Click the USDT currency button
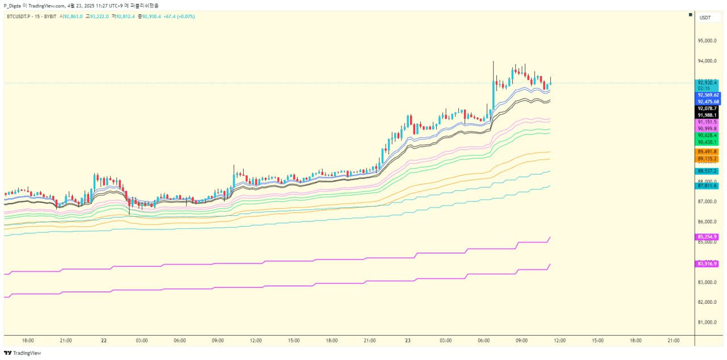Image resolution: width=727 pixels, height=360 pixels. point(705,18)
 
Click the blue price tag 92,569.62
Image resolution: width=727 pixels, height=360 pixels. point(708,95)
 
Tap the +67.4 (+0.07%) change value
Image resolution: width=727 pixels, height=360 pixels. point(179,16)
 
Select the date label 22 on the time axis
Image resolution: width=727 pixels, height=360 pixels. point(103,341)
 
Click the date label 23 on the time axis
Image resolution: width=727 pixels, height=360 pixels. point(408,341)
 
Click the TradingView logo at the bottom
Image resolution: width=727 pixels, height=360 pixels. point(23,353)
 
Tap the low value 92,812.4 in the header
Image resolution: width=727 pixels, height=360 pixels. point(126,16)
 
